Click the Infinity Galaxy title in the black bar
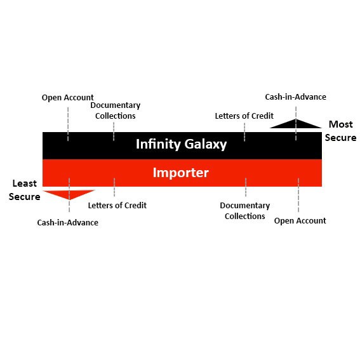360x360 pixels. pyautogui.click(x=182, y=144)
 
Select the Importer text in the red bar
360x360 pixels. pyautogui.click(x=181, y=173)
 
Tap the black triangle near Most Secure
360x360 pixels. pyautogui.click(x=296, y=124)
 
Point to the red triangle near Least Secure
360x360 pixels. pyautogui.click(x=69, y=194)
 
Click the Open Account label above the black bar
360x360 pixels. pyautogui.click(x=68, y=98)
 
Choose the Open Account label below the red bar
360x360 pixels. pyautogui.click(x=300, y=221)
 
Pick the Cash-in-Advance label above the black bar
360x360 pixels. pyautogui.click(x=296, y=97)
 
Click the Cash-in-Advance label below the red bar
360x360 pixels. pyautogui.click(x=68, y=222)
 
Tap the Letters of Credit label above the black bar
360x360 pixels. pyautogui.click(x=244, y=116)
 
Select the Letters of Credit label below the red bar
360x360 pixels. pyautogui.click(x=117, y=205)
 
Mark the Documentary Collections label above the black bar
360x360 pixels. pyautogui.click(x=116, y=110)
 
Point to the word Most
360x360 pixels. pyautogui.click(x=341, y=124)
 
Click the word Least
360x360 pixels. pyautogui.click(x=25, y=183)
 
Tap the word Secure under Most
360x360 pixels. pyautogui.click(x=341, y=138)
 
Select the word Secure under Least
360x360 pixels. pyautogui.click(x=25, y=197)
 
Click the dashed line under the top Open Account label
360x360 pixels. pyautogui.click(x=68, y=124)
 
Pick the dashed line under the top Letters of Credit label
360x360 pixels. pyautogui.click(x=244, y=132)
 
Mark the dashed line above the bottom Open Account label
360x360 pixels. pyautogui.click(x=298, y=195)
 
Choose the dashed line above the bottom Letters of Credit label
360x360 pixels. pyautogui.click(x=114, y=187)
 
